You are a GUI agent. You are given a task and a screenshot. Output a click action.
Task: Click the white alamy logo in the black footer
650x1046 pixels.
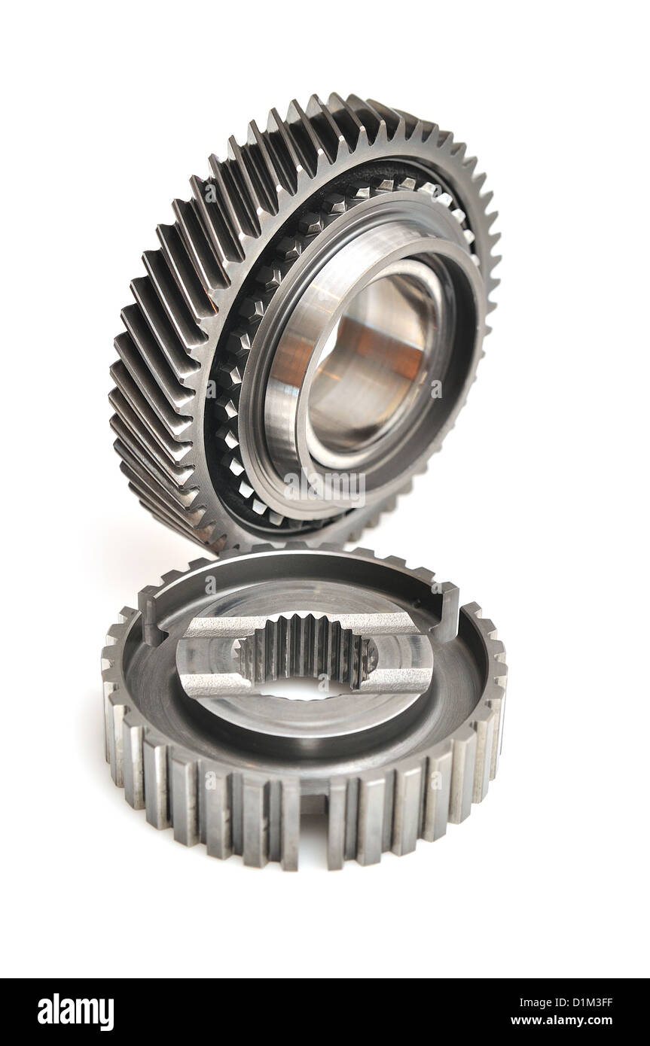click(x=75, y=1011)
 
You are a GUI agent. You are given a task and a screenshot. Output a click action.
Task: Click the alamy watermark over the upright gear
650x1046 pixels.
click(x=325, y=489)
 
